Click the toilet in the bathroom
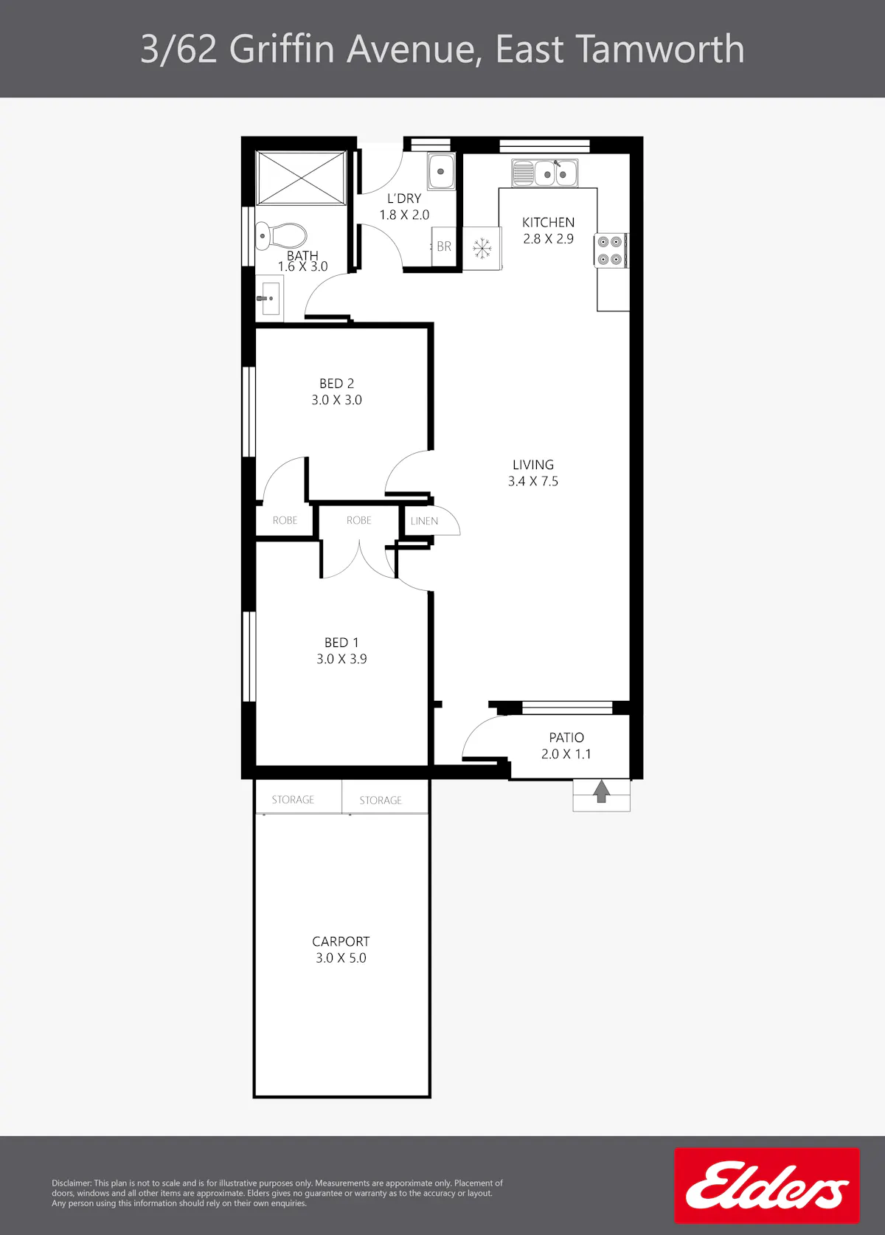click(x=281, y=236)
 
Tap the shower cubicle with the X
click(x=301, y=178)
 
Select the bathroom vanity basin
click(x=269, y=298)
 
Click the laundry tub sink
click(x=441, y=171)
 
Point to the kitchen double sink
click(x=544, y=173)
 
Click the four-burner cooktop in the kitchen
click(x=610, y=250)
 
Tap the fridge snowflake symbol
click(x=482, y=248)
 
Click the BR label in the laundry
click(x=444, y=246)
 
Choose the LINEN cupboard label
click(x=424, y=521)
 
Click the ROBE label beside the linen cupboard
click(x=358, y=520)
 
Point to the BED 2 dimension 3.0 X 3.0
click(x=337, y=400)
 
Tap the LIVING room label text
click(x=533, y=465)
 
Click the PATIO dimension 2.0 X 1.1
click(x=566, y=754)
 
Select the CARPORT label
click(x=341, y=941)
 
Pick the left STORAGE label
click(x=293, y=800)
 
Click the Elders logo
click(x=767, y=1186)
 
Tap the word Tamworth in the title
click(x=660, y=49)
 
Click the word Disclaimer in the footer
click(x=72, y=1183)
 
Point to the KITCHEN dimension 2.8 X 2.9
click(x=548, y=239)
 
